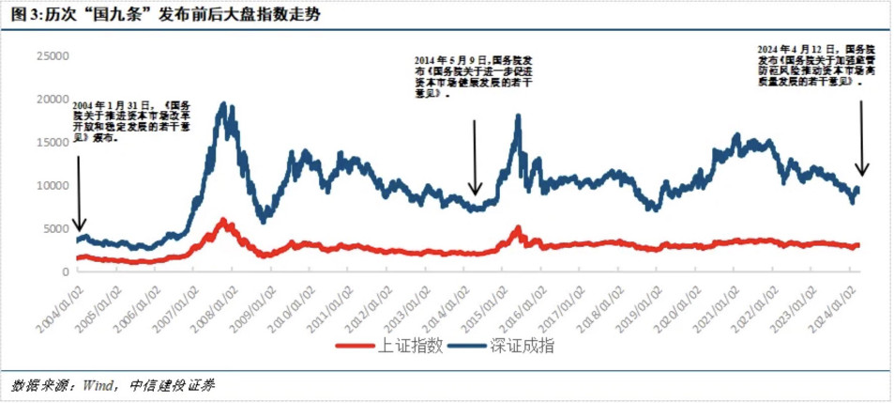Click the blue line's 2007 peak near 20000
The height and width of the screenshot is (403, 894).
coord(223,104)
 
